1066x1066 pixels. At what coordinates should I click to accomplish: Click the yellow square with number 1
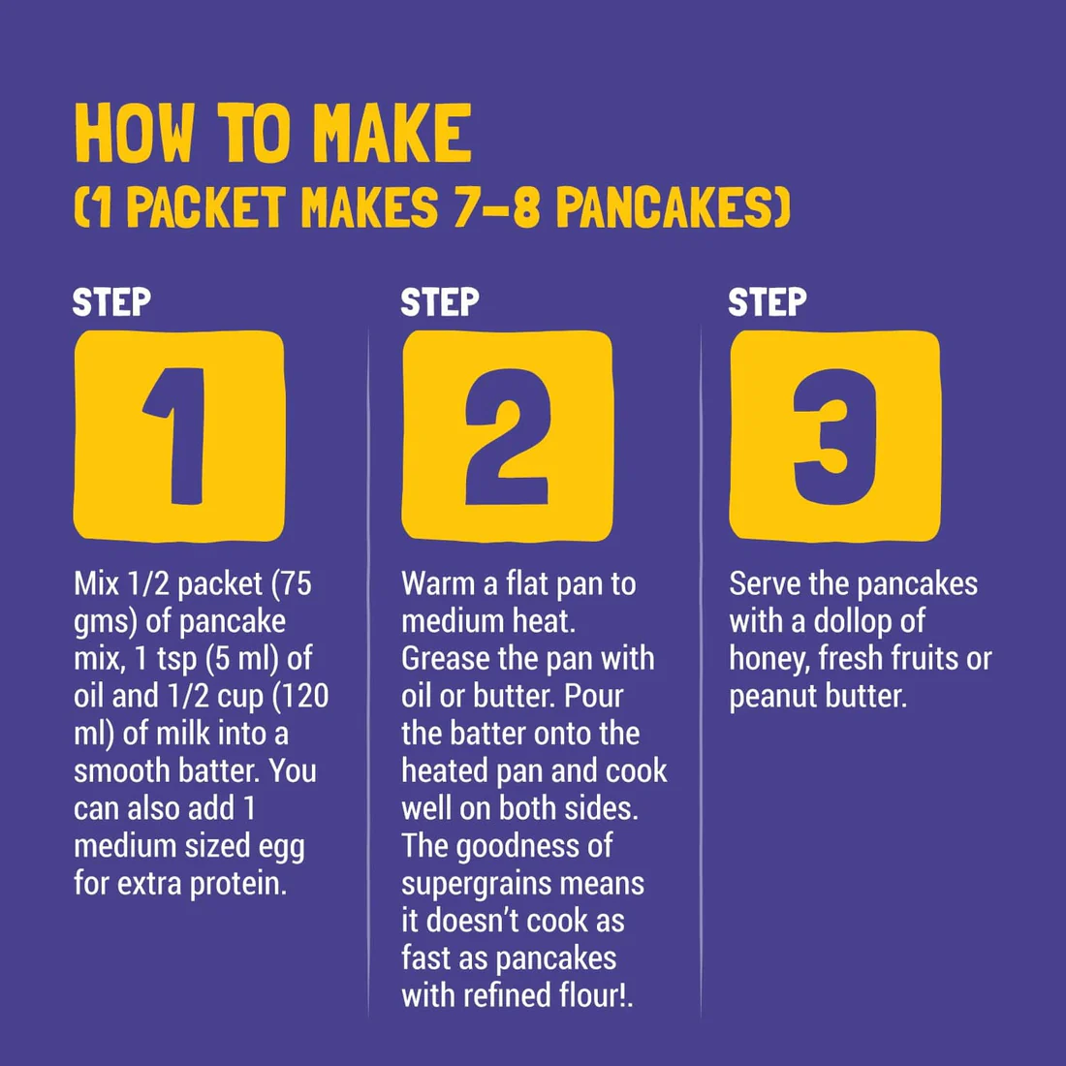[179, 435]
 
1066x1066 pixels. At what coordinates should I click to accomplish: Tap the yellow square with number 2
[507, 435]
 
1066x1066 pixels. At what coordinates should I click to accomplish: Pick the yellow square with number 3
[834, 435]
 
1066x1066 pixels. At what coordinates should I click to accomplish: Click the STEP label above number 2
[440, 302]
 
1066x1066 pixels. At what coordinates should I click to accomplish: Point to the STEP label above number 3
[768, 302]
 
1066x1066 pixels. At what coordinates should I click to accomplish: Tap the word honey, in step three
[769, 659]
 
